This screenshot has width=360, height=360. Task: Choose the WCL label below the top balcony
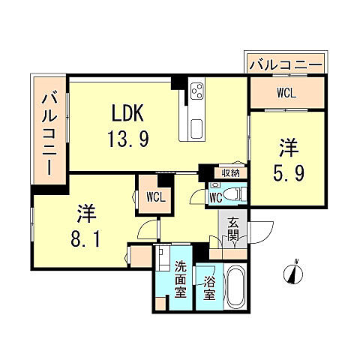click(286, 93)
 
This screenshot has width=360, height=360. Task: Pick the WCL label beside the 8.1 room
click(156, 197)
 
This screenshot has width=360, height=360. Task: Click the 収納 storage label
click(229, 173)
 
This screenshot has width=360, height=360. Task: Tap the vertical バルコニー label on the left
click(49, 131)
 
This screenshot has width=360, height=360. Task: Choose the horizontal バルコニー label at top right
click(286, 65)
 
